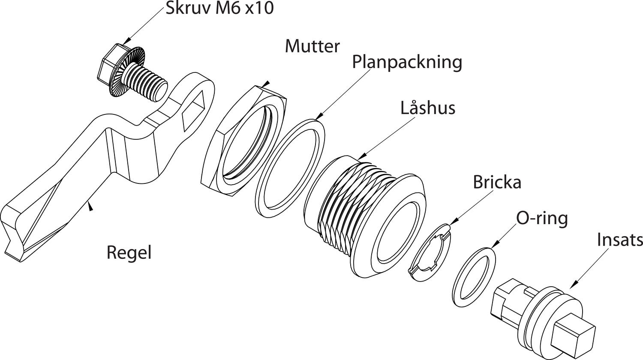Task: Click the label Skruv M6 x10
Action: coord(219,9)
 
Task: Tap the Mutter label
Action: coord(312,46)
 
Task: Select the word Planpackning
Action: coord(407,62)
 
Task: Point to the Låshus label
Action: coord(427,108)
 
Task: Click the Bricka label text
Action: coord(497,182)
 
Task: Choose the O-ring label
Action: coord(542,219)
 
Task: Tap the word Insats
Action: coord(620,240)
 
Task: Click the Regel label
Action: coord(129,252)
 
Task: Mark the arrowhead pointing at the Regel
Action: coord(90,207)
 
